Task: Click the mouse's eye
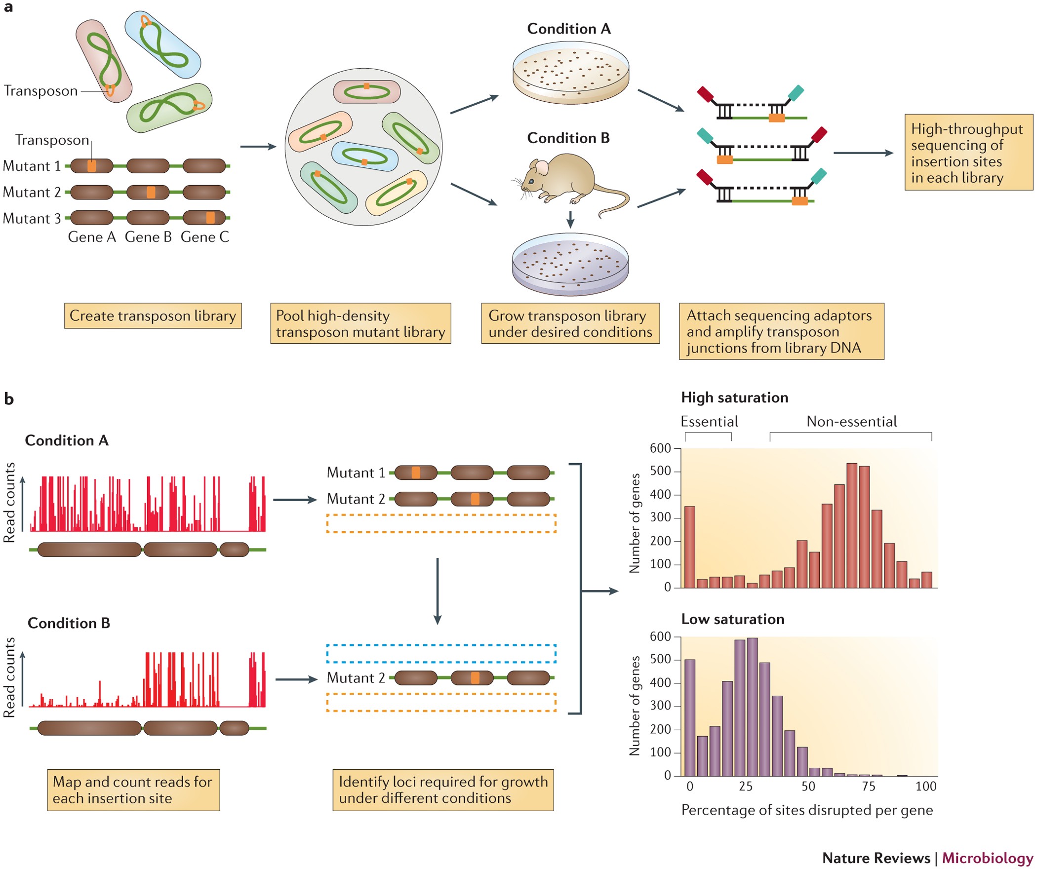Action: [x=531, y=181]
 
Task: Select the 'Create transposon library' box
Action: [x=153, y=316]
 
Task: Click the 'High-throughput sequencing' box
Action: [x=968, y=153]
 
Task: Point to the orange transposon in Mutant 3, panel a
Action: [x=210, y=218]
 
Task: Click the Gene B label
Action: [x=148, y=237]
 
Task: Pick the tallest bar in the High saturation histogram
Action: [x=852, y=525]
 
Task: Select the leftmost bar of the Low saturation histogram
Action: [x=690, y=717]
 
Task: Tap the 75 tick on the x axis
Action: [x=869, y=787]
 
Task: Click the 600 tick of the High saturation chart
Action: [x=660, y=448]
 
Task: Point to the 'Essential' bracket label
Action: [x=709, y=422]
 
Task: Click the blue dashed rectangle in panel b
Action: [x=441, y=653]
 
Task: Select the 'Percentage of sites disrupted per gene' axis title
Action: [x=807, y=810]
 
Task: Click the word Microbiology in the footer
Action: [x=987, y=858]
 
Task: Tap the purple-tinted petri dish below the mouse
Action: [x=570, y=264]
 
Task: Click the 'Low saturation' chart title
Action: [x=732, y=619]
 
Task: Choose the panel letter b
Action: [x=9, y=399]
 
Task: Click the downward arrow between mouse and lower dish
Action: [x=570, y=220]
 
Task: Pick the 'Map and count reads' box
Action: [x=133, y=790]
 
